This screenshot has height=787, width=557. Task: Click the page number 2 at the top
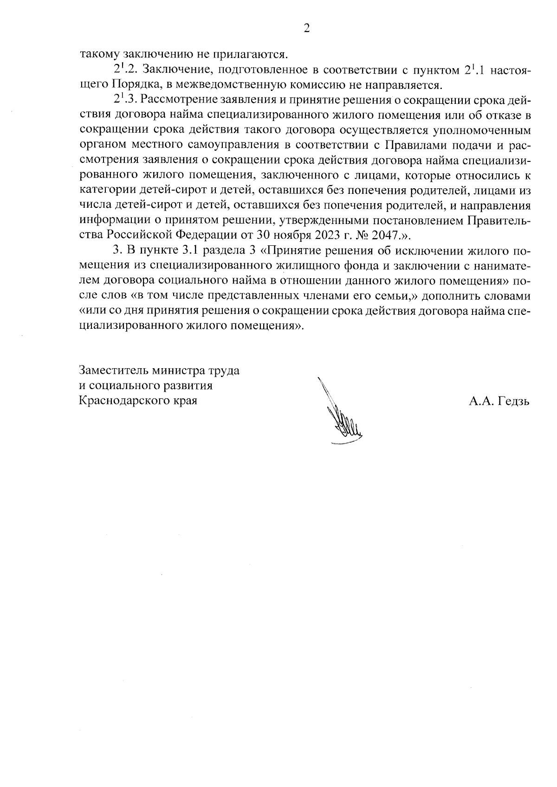(x=306, y=29)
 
